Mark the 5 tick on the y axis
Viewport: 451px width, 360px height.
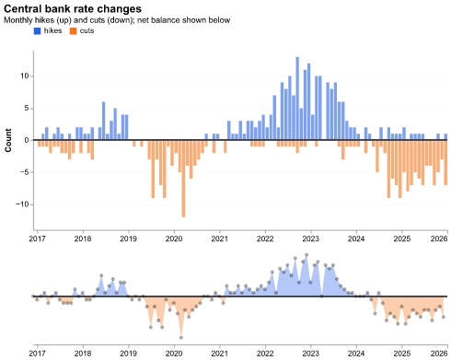pos(27,109)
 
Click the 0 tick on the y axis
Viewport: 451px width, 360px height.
pos(27,140)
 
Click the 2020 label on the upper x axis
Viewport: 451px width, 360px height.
pos(174,239)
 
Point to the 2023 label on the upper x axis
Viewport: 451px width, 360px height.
pos(311,239)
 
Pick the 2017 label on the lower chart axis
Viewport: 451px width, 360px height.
pos(37,353)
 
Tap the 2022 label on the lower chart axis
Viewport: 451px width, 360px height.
pos(265,353)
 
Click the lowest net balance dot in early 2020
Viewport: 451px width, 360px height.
pos(180,337)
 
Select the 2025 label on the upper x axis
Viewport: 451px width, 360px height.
pos(402,239)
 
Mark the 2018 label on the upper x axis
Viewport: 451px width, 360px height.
pos(83,239)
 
